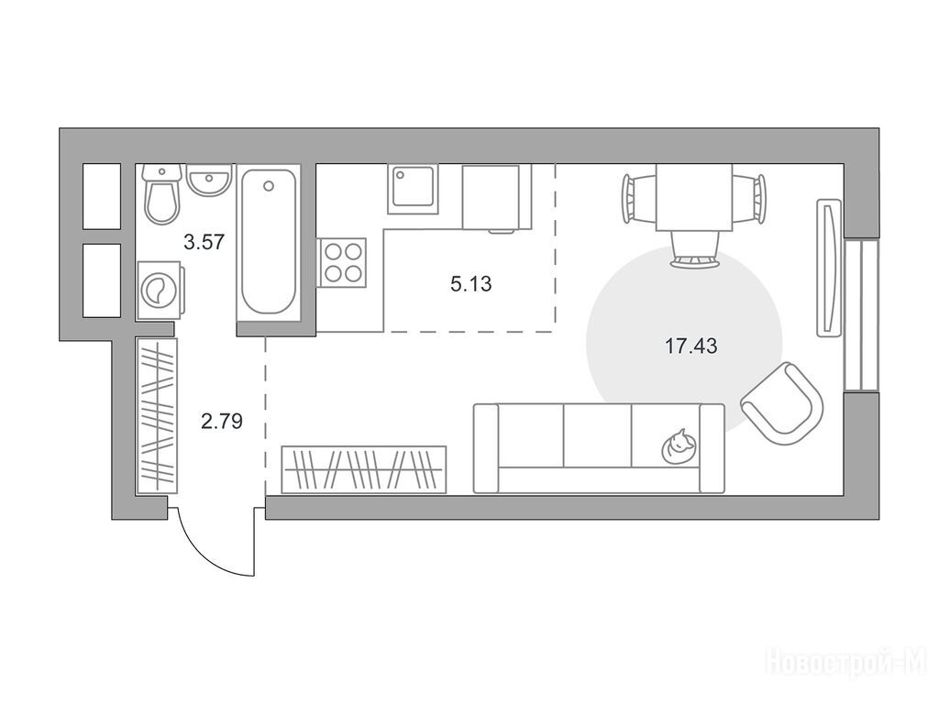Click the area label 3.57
pos(204,242)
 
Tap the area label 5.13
pos(471,284)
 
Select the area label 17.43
pos(691,346)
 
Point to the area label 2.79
pos(222,422)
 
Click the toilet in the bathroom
pos(161,194)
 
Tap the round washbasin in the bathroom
pos(208,179)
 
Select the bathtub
pos(269,242)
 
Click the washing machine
pos(160,291)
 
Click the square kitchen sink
pos(412,189)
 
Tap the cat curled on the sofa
pos(679,446)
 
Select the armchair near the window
pos(783,403)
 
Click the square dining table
pos(694,197)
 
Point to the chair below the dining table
pos(694,249)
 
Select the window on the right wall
pos(861,315)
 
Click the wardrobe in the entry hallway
pos(157,416)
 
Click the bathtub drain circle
pos(269,186)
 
